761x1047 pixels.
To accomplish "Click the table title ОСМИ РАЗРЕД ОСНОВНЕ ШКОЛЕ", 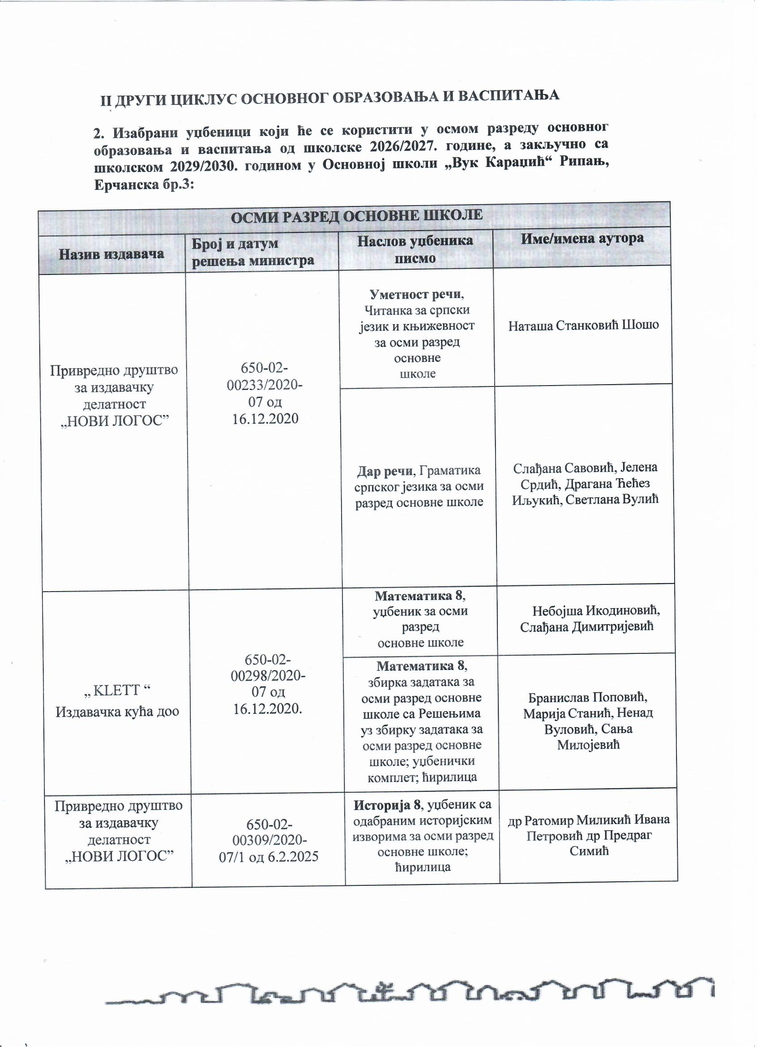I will (356, 215).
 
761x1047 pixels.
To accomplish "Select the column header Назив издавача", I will (111, 253).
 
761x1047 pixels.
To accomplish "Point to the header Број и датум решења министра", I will (253, 252).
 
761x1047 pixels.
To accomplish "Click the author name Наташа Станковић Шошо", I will (583, 326).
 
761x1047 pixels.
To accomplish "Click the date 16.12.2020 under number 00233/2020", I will (265, 418).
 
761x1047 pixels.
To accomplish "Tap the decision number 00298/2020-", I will (267, 676).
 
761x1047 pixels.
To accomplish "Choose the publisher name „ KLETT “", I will (118, 690).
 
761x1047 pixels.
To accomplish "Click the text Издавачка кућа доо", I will (117, 712).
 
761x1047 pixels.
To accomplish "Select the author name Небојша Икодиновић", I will (596, 611).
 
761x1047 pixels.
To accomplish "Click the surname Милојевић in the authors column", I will (588, 745).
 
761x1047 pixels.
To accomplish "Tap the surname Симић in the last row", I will (589, 850).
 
